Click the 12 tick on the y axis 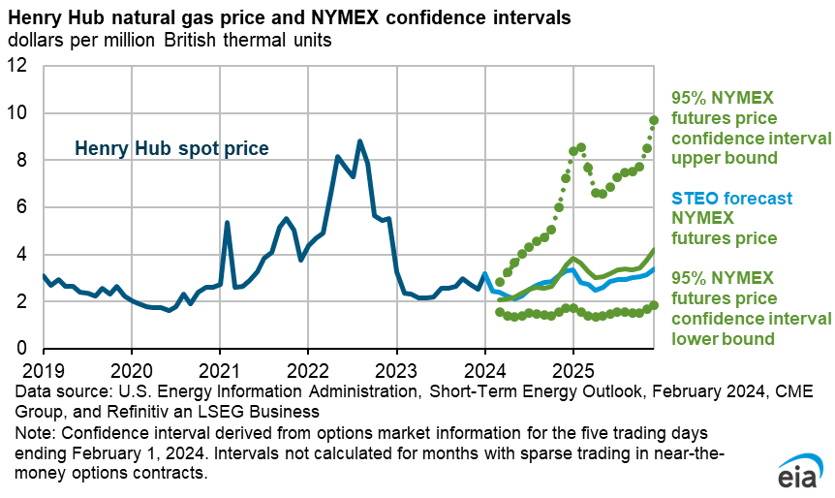[x=21, y=67]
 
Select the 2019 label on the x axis [x=43, y=371]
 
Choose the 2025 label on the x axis [x=572, y=371]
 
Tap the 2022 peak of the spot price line [x=360, y=141]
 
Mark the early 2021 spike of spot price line [x=227, y=223]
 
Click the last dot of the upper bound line [x=654, y=120]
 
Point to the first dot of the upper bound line [x=500, y=282]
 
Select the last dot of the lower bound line [x=654, y=305]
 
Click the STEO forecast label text [x=727, y=199]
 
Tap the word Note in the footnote [x=30, y=429]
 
